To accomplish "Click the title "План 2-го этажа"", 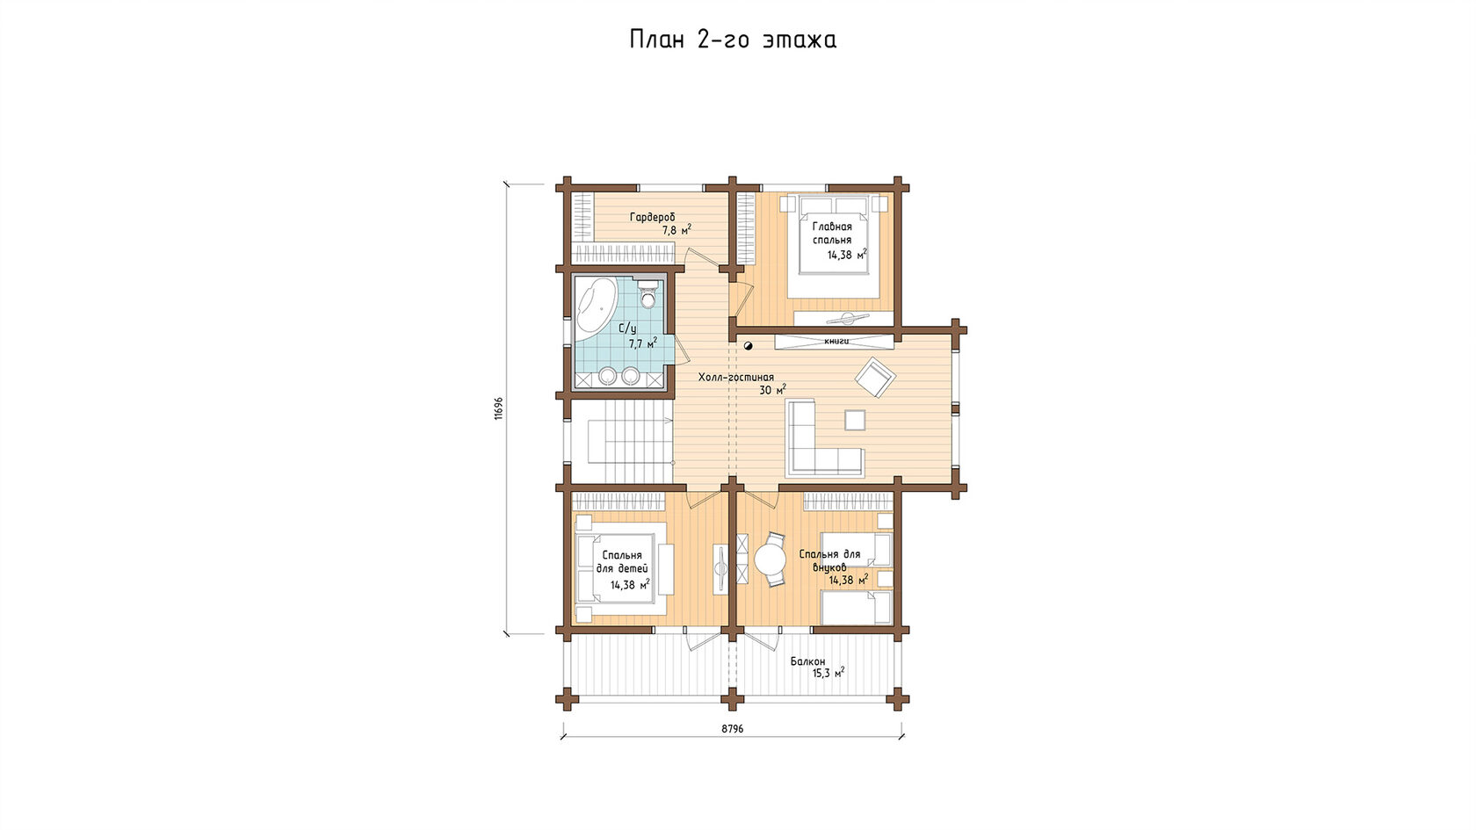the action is tap(733, 40).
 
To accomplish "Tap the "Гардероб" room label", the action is tap(652, 217).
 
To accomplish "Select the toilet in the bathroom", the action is tap(648, 294).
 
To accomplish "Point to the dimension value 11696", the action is tap(499, 408).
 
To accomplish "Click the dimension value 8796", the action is tap(732, 729).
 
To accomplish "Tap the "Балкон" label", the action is tap(808, 661).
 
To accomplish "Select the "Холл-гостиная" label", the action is tap(736, 378).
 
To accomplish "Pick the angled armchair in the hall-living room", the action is tap(875, 378).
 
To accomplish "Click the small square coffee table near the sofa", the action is tap(855, 420).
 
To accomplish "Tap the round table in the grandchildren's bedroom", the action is tap(771, 560).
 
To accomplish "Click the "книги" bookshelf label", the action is tap(836, 341).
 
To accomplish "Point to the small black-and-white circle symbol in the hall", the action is tap(748, 346).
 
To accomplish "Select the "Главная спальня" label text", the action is tap(831, 234).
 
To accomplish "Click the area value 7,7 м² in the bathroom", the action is tap(642, 343).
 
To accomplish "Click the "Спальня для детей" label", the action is tap(622, 562).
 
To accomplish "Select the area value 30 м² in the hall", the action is tap(772, 390).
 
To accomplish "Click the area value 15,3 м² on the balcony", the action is tap(828, 673).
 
